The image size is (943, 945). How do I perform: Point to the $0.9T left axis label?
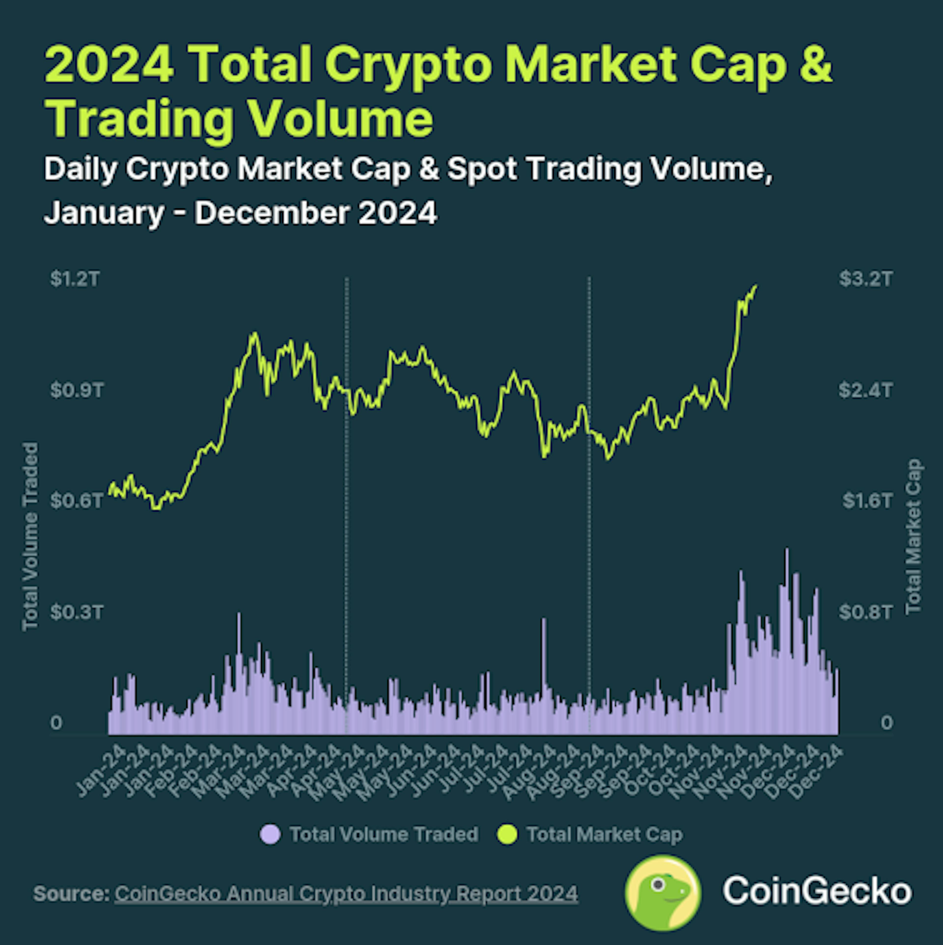click(77, 390)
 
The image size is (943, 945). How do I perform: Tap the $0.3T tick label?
click(77, 612)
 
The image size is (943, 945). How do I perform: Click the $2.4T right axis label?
click(866, 390)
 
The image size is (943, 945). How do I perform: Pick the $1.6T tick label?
click(867, 501)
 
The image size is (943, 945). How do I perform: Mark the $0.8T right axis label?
click(866, 612)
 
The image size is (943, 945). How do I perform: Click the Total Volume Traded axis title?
click(30, 537)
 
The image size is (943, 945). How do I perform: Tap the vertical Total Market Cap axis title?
click(913, 537)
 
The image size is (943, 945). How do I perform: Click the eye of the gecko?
click(658, 884)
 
